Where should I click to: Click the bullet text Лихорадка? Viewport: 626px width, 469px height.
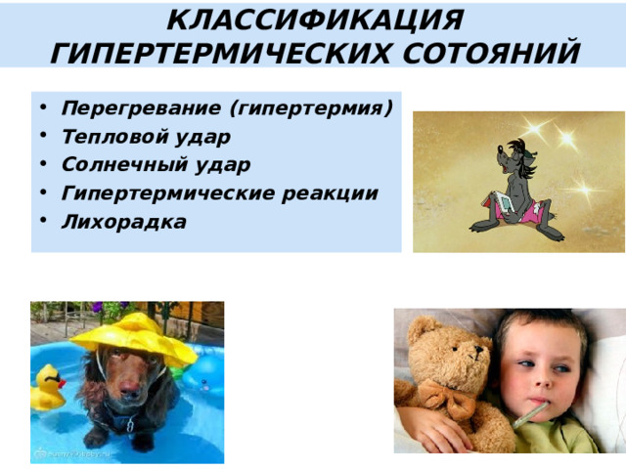(123, 222)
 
